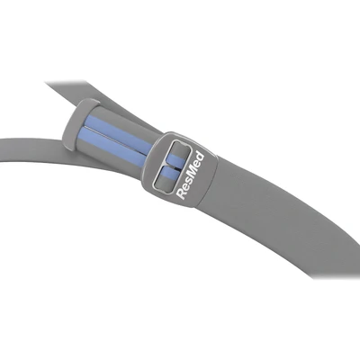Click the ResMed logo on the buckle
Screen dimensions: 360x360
click(x=190, y=175)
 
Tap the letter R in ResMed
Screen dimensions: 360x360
click(x=181, y=193)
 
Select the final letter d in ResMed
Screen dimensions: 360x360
click(x=201, y=157)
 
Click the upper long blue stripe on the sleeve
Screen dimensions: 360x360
click(x=119, y=133)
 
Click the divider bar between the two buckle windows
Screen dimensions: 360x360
click(x=173, y=166)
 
